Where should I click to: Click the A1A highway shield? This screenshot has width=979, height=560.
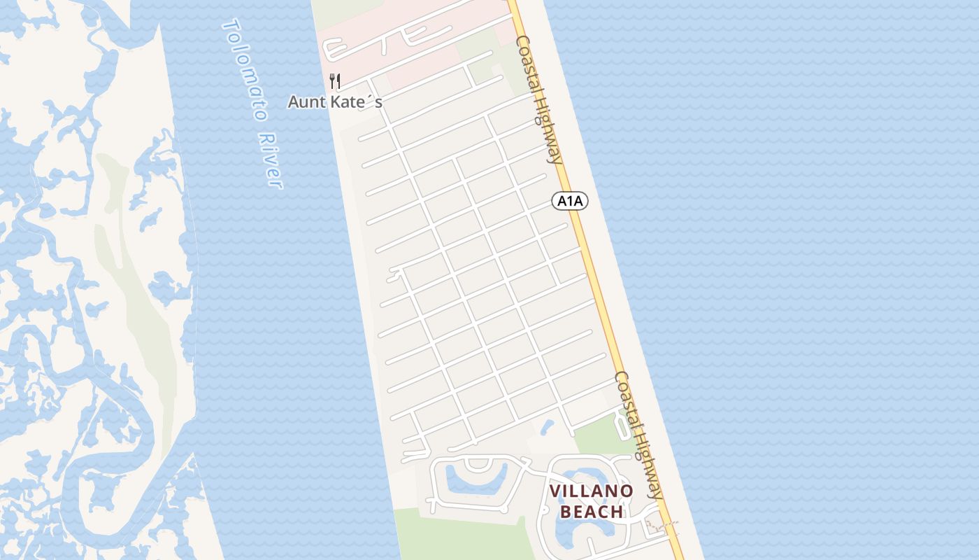pyautogui.click(x=570, y=202)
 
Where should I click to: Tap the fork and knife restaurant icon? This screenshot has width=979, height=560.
pyautogui.click(x=335, y=81)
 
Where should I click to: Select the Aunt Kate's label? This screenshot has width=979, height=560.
pyautogui.click(x=335, y=102)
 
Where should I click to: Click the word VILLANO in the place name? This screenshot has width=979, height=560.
pyautogui.click(x=591, y=491)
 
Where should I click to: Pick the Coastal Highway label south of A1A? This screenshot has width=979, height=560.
pyautogui.click(x=638, y=435)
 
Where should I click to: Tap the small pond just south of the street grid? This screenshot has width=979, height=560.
pyautogui.click(x=547, y=426)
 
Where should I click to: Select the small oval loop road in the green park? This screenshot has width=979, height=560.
pyautogui.click(x=622, y=422)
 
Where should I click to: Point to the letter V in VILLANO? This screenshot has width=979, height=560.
pyautogui.click(x=555, y=491)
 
